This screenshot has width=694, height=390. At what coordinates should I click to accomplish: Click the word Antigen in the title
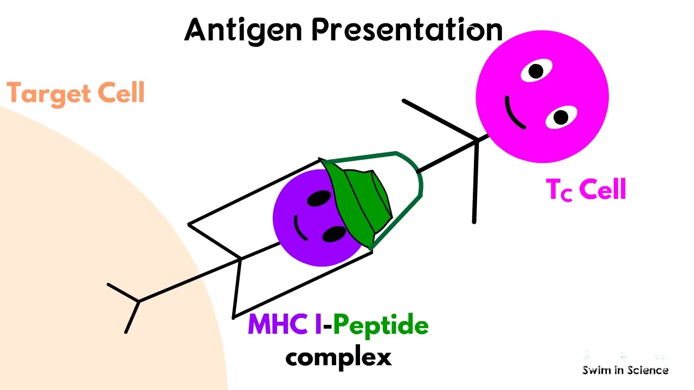243,31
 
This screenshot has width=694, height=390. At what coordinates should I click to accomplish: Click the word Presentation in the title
407,30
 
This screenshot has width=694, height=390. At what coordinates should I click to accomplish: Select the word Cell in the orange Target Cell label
121,92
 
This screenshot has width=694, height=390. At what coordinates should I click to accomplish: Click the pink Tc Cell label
586,189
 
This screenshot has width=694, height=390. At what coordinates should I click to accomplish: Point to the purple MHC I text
285,324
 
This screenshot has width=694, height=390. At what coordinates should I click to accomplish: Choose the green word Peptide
381,326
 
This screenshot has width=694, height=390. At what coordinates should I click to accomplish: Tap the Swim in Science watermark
625,370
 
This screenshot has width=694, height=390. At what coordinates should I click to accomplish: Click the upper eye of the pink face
536,70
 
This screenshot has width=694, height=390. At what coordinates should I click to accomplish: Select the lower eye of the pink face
561,118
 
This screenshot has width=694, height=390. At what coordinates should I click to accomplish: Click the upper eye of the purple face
319,198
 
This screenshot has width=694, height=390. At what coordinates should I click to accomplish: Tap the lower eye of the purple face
334,234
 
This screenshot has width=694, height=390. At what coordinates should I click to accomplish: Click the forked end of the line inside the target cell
138,301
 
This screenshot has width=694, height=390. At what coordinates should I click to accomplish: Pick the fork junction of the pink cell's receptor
477,141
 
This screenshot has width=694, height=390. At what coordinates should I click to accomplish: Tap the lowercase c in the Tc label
566,194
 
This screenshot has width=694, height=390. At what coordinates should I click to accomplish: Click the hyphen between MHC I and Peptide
327,326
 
